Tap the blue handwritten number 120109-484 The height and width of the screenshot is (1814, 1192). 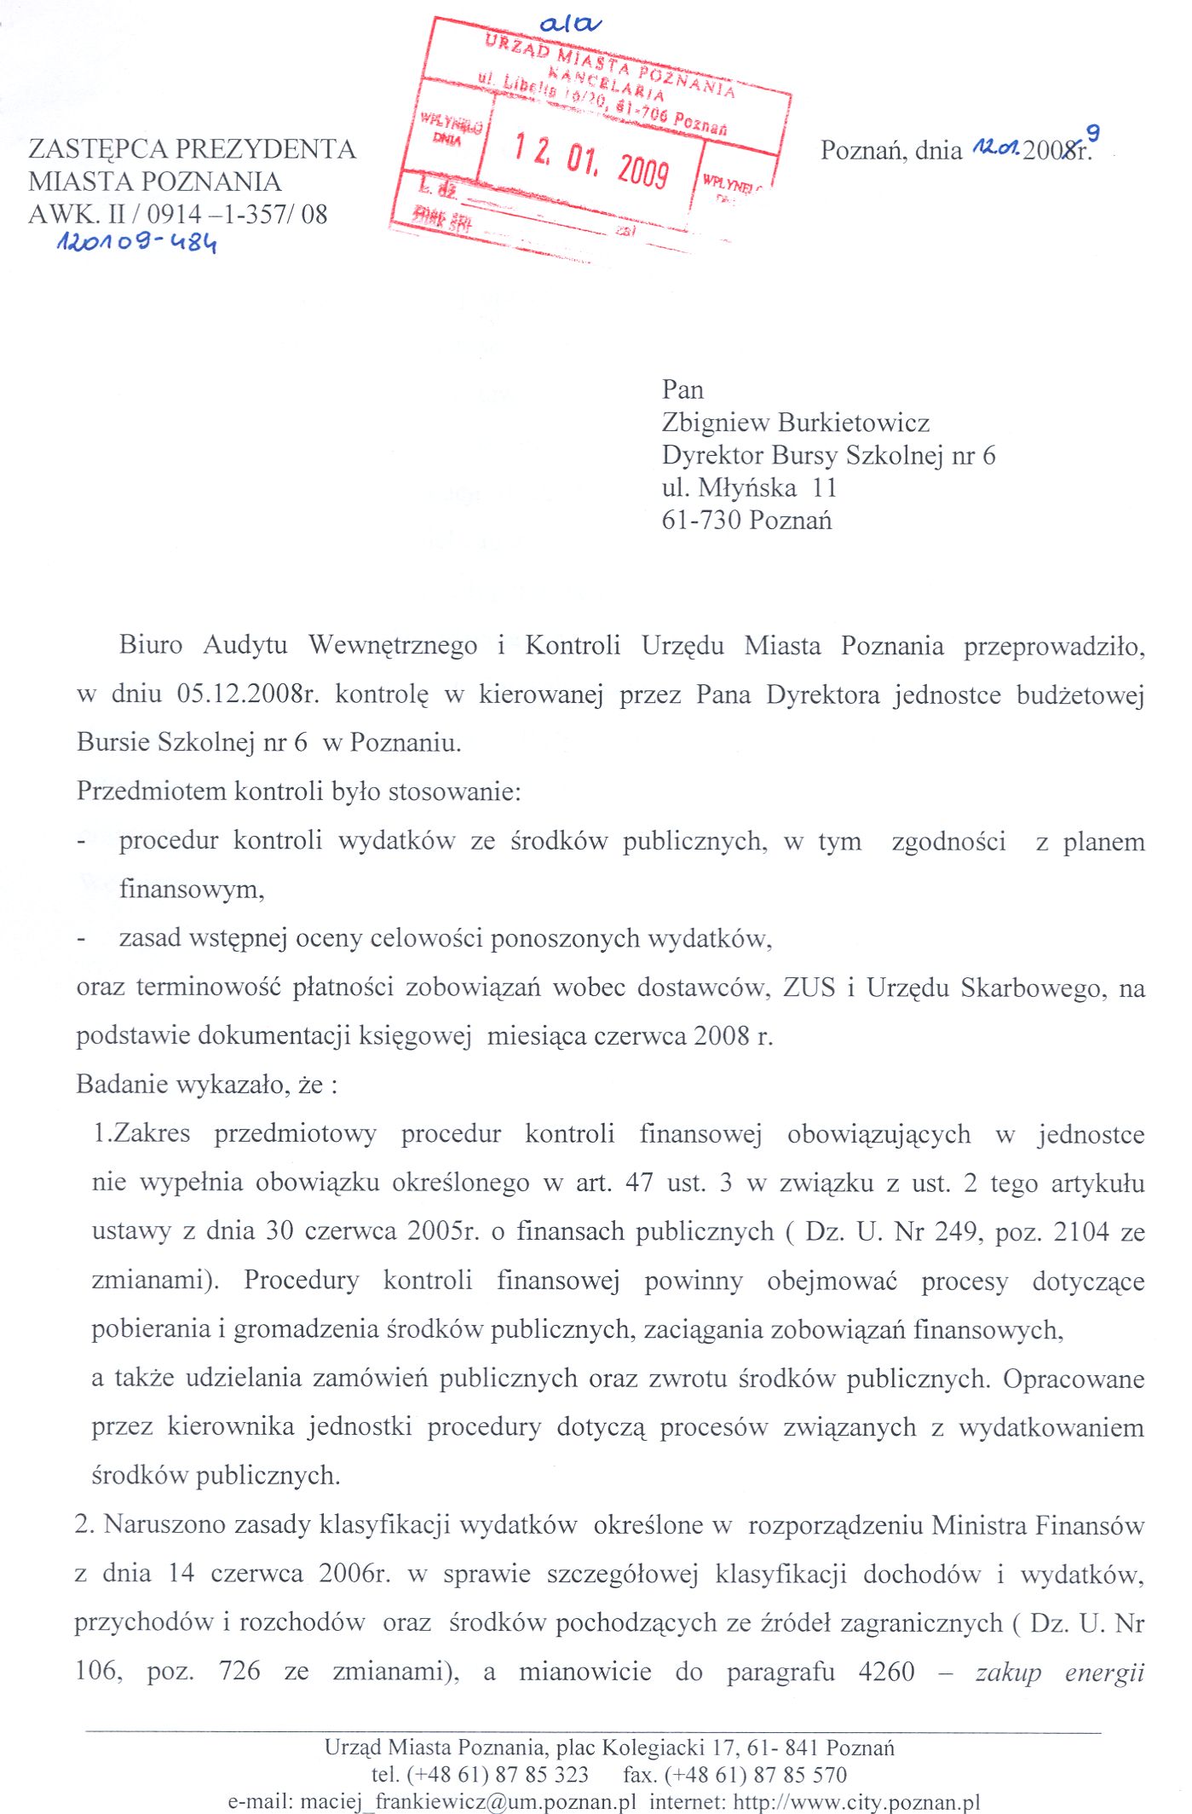click(136, 243)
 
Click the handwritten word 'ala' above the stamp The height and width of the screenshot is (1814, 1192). click(570, 25)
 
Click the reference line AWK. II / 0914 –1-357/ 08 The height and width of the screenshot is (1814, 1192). click(178, 214)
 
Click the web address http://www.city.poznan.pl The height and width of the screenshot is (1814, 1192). click(856, 1802)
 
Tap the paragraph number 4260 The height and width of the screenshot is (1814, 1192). click(886, 1671)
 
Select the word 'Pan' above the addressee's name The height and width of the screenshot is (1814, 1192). click(682, 390)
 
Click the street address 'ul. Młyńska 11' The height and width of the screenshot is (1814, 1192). click(749, 487)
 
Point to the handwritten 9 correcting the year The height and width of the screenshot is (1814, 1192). click(1092, 133)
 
